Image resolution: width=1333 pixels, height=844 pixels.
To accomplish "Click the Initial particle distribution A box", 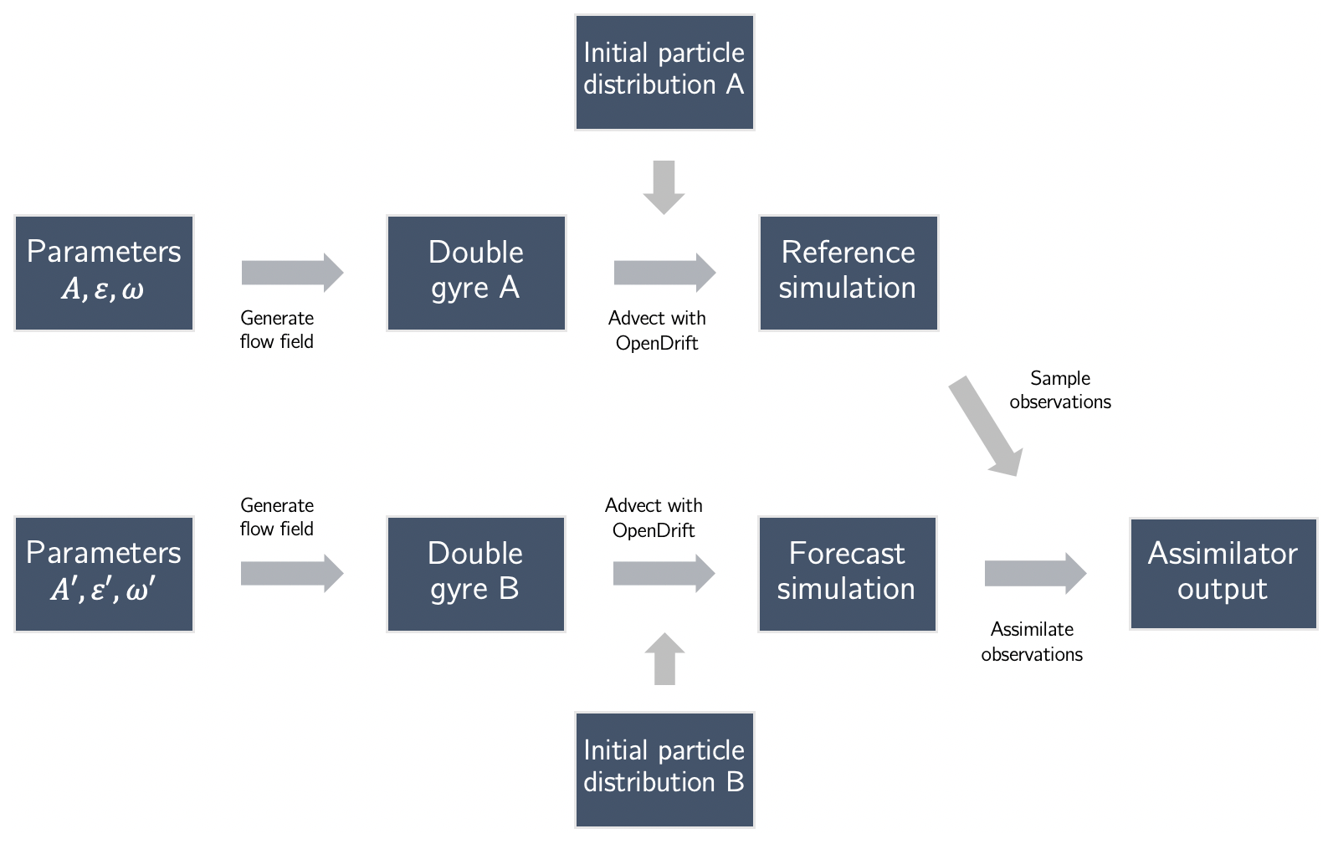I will (664, 72).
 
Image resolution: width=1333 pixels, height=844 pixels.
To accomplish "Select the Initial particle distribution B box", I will (664, 770).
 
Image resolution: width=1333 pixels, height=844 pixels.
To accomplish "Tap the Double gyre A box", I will (476, 273).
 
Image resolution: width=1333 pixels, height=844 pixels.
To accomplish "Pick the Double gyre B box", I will (475, 574).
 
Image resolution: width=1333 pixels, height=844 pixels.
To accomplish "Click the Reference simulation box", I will (848, 273).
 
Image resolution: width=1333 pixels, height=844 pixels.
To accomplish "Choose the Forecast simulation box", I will (847, 574).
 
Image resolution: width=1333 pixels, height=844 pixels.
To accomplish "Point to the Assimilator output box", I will (1223, 574).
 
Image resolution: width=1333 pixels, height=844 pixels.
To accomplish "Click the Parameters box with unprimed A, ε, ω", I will (104, 273).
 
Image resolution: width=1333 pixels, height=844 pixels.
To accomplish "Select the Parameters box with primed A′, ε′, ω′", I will (104, 574).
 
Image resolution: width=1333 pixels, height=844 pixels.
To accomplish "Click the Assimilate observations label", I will (1032, 642).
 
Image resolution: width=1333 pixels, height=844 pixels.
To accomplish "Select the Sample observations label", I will (1060, 390).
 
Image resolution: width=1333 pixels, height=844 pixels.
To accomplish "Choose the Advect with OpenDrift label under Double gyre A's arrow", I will (657, 330).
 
